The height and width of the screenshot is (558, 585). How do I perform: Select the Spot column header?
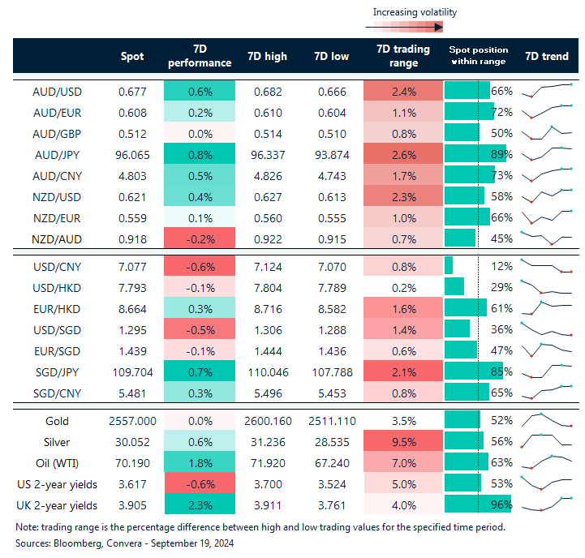coord(131,56)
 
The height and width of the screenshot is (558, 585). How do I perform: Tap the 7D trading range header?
coord(398,56)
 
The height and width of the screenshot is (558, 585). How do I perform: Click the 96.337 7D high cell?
coord(265,154)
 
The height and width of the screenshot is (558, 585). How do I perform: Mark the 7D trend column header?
coord(547,56)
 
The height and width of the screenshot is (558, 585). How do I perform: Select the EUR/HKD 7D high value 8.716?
coord(265,308)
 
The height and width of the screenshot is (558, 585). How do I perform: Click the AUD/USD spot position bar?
coord(467,91)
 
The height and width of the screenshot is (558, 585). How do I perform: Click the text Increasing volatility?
coord(415,12)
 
